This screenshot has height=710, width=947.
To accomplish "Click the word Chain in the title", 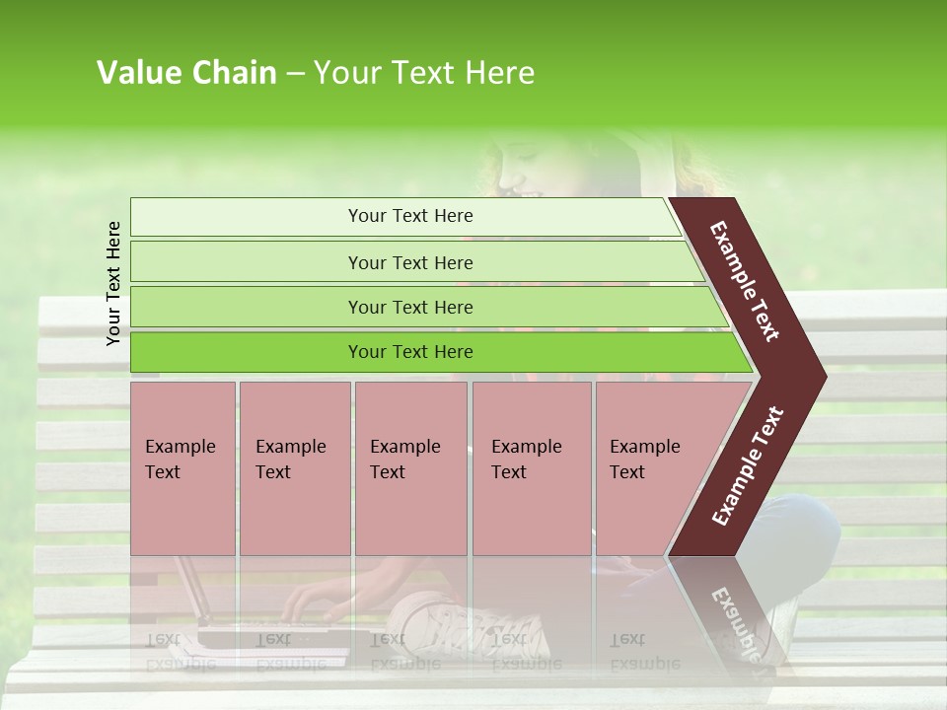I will coord(234,73).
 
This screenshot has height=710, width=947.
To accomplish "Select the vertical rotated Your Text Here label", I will coord(114,283).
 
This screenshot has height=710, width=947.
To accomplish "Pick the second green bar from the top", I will coord(409,262).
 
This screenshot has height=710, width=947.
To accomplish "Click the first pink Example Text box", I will coord(182,468).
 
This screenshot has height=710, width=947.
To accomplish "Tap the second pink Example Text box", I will coord(294,468).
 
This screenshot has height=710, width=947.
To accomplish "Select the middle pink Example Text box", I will coord(410,468).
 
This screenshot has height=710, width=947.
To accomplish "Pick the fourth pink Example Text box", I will coord(531,468).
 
